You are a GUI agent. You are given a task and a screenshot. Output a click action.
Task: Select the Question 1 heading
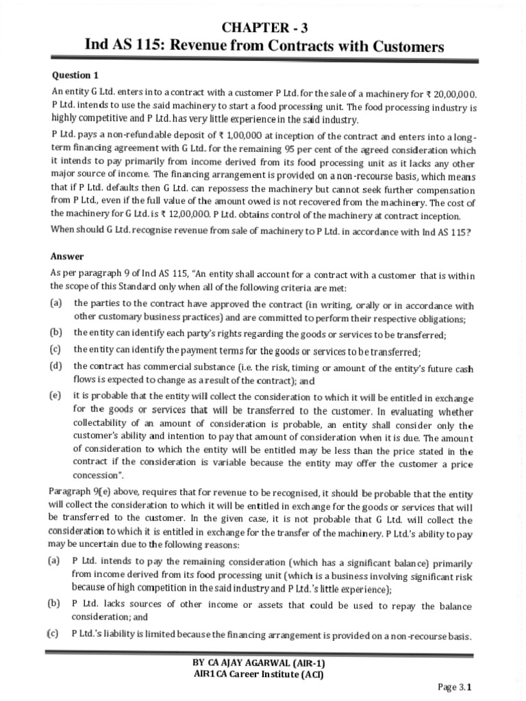[x=71, y=75]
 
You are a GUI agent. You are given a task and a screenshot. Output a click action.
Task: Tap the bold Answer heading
[x=67, y=257]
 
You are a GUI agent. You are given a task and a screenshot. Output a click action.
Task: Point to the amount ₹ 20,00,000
[x=448, y=94]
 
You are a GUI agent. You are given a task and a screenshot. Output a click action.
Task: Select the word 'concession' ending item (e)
[x=96, y=476]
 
